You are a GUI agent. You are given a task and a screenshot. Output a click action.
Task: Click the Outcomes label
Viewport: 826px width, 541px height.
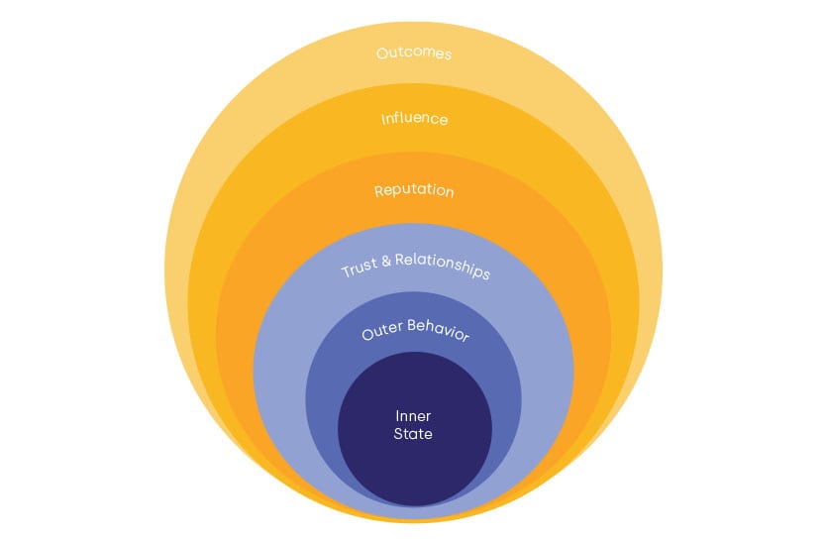tap(414, 53)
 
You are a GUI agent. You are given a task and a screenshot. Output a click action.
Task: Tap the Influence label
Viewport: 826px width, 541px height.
tap(414, 119)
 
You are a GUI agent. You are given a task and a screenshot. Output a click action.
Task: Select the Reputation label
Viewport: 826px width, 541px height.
tap(414, 189)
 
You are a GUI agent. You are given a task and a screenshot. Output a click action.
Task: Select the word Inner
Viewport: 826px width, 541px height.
tap(414, 416)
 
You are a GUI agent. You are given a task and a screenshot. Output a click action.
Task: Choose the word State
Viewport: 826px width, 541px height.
tap(414, 434)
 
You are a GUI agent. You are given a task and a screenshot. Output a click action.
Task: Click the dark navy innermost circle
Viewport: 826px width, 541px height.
tap(414, 466)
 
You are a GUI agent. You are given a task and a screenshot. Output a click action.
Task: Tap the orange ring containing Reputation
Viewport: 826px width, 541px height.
tap(238, 327)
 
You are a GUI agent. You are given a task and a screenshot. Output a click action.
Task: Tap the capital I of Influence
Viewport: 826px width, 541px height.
tap(383, 118)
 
